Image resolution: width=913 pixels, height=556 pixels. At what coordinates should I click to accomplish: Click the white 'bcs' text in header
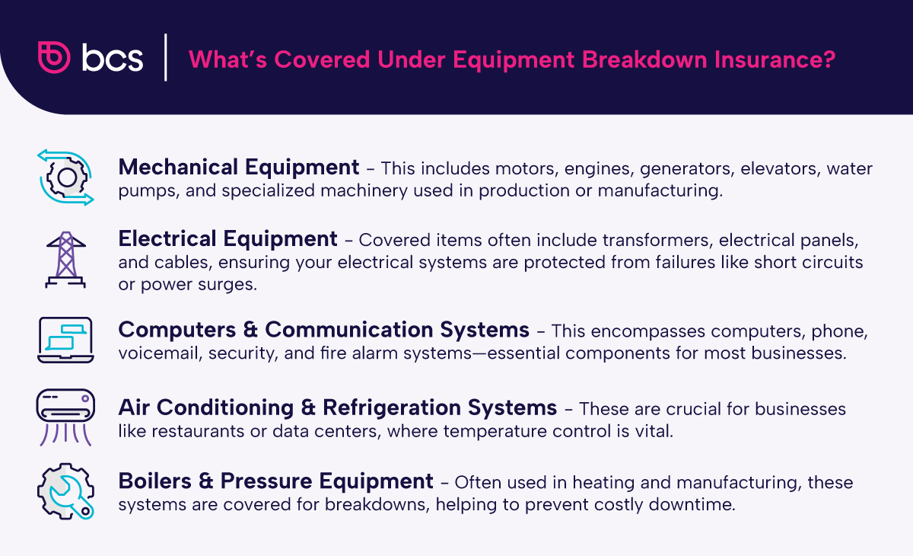point(113,59)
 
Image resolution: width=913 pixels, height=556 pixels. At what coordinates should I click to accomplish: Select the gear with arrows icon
point(65,177)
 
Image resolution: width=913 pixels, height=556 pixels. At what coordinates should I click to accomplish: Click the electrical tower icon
point(65,259)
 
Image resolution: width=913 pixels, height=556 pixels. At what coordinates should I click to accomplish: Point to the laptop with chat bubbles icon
point(65,339)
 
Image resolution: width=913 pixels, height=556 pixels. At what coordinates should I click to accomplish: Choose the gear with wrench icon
point(65,491)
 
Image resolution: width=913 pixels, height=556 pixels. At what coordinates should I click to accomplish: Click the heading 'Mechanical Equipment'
point(239,167)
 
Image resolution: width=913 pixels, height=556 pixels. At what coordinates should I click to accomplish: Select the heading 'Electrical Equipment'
point(227,239)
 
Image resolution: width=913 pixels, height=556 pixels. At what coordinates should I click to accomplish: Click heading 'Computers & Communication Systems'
point(323,330)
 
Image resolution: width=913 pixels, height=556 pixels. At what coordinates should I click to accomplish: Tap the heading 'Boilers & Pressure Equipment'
point(275,481)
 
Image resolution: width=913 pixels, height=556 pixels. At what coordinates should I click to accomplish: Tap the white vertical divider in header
point(166,57)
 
